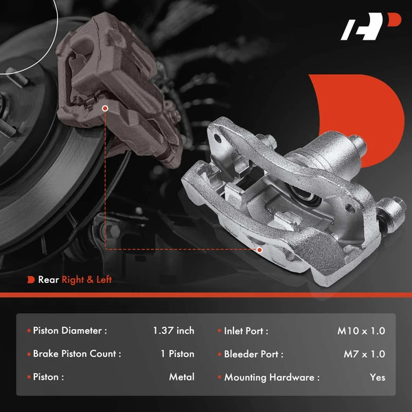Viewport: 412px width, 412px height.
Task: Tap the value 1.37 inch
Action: (174, 331)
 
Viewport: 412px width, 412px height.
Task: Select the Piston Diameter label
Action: (70, 331)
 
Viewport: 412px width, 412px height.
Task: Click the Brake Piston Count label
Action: (77, 354)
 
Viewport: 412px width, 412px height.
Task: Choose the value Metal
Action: (181, 377)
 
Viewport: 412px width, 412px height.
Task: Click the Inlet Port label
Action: (246, 331)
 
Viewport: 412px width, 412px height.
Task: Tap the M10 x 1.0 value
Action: (361, 331)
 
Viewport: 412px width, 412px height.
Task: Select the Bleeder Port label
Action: (253, 354)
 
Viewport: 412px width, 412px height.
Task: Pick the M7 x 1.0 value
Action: (364, 354)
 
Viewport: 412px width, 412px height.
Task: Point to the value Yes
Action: (377, 377)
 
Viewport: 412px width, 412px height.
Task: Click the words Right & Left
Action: (87, 279)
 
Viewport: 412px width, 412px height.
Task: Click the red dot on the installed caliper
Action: (105, 108)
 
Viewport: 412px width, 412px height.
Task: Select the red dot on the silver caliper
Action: (260, 250)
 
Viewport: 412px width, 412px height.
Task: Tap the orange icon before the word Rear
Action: (31, 279)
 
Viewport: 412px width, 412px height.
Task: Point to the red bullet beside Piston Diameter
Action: (29, 331)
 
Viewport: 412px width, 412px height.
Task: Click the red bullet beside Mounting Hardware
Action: (220, 377)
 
